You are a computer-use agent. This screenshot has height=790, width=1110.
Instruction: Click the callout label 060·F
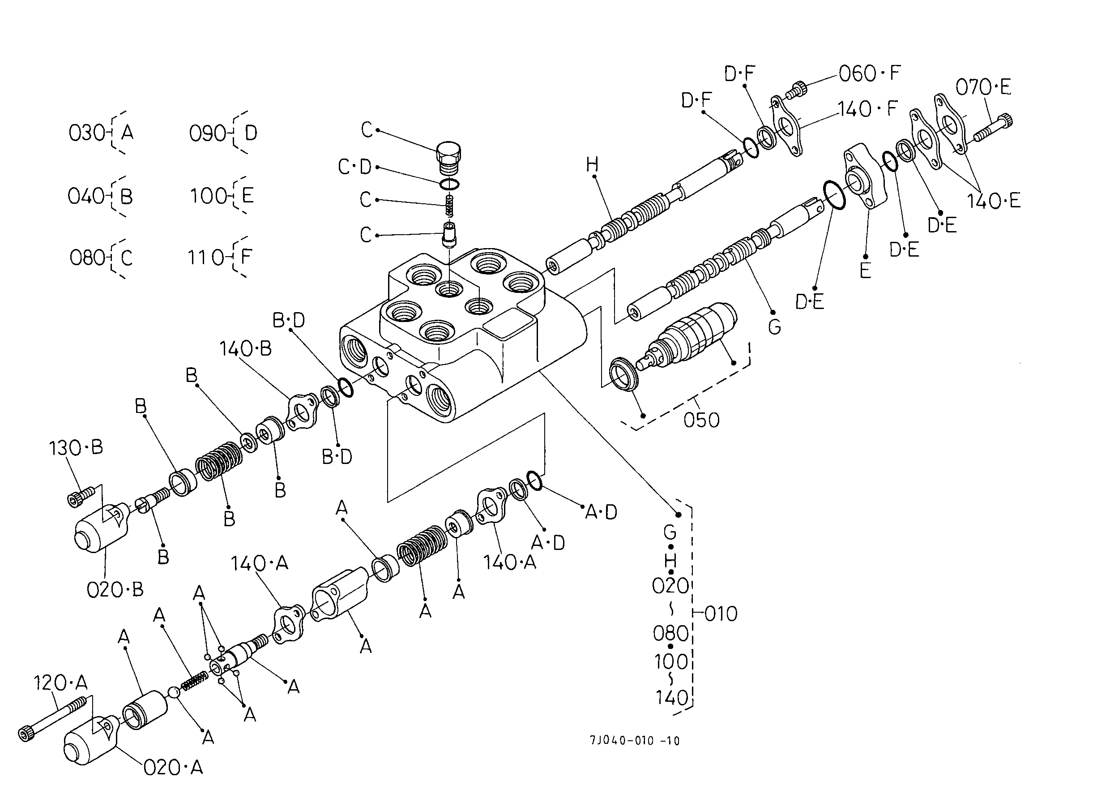coord(869,73)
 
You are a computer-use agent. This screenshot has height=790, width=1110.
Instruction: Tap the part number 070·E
coord(983,88)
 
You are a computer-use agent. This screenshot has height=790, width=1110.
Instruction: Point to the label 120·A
coord(61,683)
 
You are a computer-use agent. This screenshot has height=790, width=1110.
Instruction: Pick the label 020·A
coord(174,767)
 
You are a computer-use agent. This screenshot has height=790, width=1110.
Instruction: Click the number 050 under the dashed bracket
coord(701,420)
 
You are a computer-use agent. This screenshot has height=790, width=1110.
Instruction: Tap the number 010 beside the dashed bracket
coord(721,614)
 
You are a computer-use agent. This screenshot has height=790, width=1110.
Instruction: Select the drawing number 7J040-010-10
coord(635,740)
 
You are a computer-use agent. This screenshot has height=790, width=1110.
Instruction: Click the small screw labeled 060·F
coord(796,90)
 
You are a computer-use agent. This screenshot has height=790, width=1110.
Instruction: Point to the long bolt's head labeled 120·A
coord(25,733)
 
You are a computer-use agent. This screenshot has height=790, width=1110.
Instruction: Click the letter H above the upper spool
coord(592,164)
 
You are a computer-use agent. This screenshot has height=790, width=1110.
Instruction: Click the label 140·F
coord(867,108)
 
